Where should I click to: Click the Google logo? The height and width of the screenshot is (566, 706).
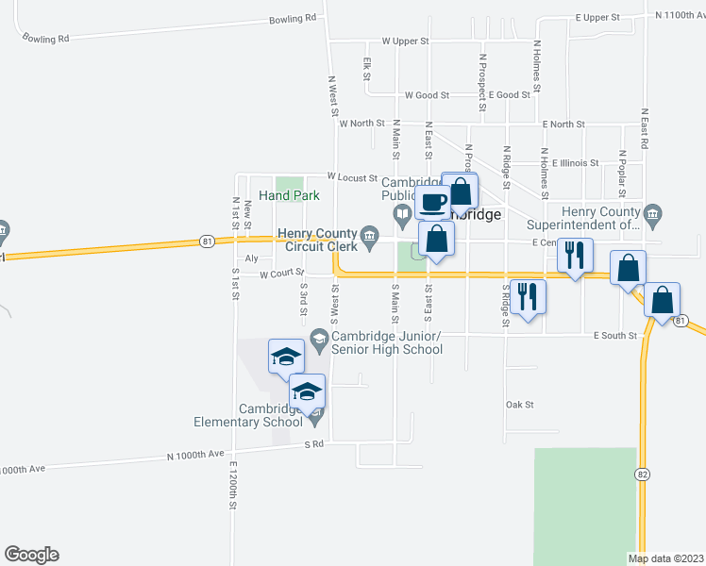(x=31, y=555)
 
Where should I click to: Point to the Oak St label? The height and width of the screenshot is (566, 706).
(x=520, y=405)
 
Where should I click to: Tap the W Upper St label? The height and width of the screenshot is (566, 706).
(x=405, y=42)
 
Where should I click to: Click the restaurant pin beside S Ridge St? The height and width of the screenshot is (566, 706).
(x=529, y=297)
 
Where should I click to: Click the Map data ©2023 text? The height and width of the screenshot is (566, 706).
(x=665, y=558)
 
